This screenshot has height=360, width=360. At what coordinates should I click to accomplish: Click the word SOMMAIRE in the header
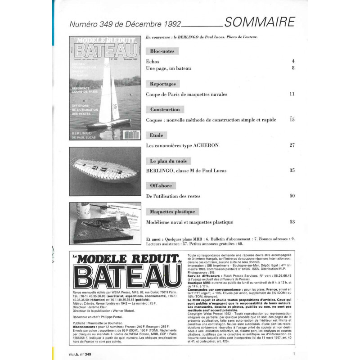click(260, 22)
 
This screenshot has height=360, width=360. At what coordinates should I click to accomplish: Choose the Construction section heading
click(165, 109)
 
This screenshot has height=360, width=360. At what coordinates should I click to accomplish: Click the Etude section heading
click(157, 135)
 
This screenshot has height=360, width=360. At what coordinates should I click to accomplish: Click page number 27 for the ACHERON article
click(292, 145)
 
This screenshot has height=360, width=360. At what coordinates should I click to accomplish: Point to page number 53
click(292, 221)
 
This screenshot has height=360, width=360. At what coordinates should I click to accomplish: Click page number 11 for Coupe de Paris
click(292, 94)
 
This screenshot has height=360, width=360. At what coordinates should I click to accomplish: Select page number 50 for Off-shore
click(292, 196)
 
